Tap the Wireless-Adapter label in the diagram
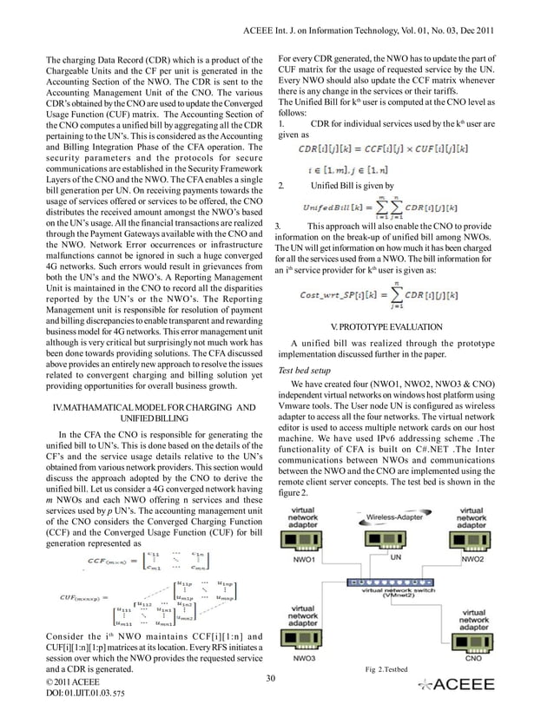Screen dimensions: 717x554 [395, 516]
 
